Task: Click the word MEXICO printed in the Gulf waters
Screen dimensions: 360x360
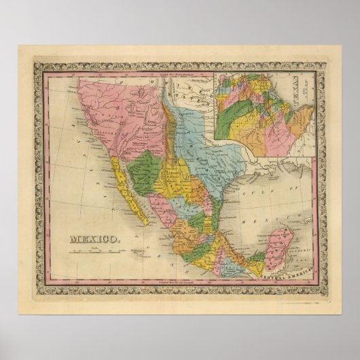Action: pyautogui.click(x=258, y=211)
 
